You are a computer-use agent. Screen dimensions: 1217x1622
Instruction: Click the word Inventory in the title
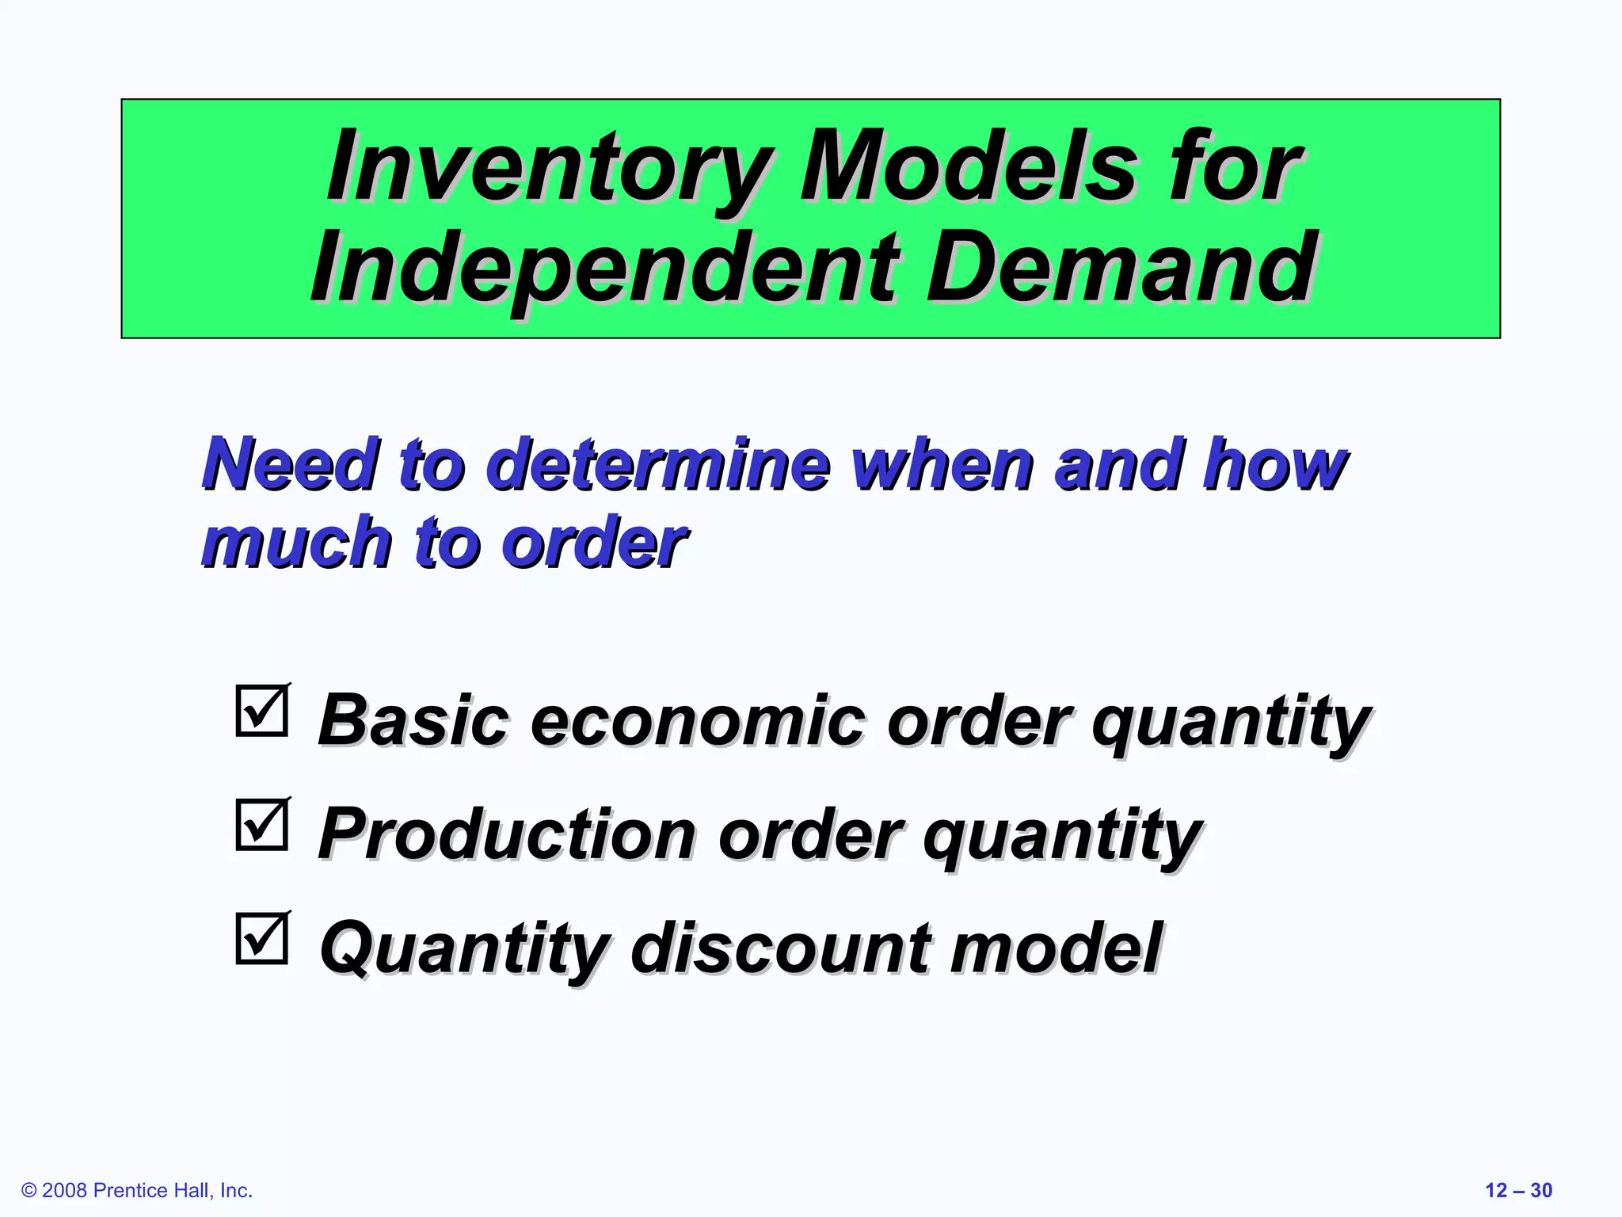548,168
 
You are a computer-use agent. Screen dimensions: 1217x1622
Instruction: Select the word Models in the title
969,168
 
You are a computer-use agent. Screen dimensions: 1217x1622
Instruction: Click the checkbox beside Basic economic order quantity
261,712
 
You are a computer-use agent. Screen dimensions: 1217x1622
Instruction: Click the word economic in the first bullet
698,721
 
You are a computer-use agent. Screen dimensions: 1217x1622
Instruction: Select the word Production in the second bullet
507,834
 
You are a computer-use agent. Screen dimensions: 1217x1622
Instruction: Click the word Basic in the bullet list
413,721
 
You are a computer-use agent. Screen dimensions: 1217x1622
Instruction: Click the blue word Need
288,464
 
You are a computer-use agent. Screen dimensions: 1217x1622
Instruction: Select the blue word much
296,543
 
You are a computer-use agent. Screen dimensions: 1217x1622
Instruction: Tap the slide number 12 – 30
1518,1191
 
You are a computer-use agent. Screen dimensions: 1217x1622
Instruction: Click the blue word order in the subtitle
594,543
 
